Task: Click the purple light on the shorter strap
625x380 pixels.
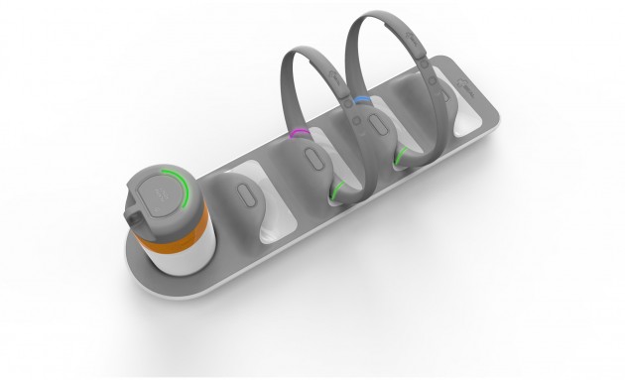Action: click(298, 132)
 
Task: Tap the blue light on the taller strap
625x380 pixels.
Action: click(363, 100)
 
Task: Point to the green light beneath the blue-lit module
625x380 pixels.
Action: click(402, 157)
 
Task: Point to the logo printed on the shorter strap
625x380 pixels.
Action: click(334, 77)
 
